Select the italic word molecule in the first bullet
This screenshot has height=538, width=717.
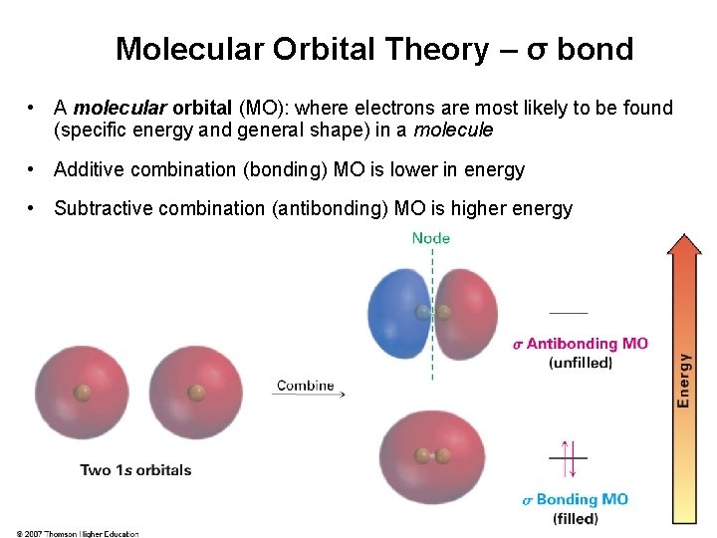point(453,131)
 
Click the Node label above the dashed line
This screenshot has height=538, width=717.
point(430,238)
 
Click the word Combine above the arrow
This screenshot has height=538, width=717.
point(305,386)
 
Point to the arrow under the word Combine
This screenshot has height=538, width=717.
point(309,396)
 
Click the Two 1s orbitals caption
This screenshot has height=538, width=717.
point(135,470)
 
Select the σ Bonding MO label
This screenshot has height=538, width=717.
point(576,500)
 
